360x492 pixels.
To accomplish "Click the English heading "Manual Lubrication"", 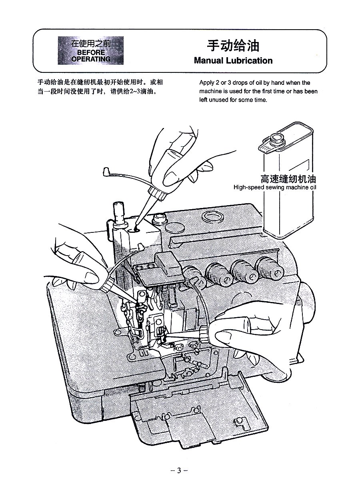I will pos(233,61).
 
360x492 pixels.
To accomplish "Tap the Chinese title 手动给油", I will pos(233,46).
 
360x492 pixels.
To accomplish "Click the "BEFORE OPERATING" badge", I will pos(91,50).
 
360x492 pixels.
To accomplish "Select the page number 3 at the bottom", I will pos(179,470).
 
